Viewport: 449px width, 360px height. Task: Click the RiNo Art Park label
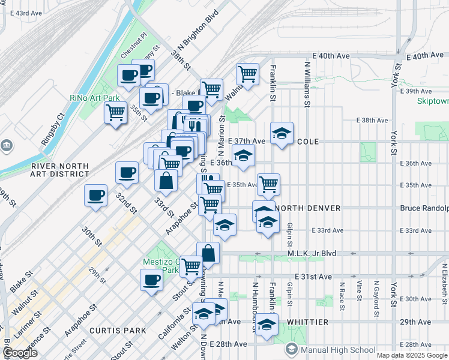click(x=94, y=98)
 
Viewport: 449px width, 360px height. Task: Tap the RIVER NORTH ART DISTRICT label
click(x=60, y=170)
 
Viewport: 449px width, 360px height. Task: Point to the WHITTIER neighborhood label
click(x=308, y=322)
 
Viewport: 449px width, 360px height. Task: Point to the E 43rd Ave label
click(x=21, y=13)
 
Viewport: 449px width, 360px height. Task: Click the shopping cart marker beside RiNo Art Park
click(x=115, y=112)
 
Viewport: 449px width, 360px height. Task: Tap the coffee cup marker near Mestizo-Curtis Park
click(x=151, y=279)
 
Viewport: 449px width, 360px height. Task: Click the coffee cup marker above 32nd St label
click(x=127, y=172)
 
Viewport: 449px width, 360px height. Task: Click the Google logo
click(x=20, y=353)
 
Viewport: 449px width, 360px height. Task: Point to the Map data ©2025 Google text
click(x=411, y=355)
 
